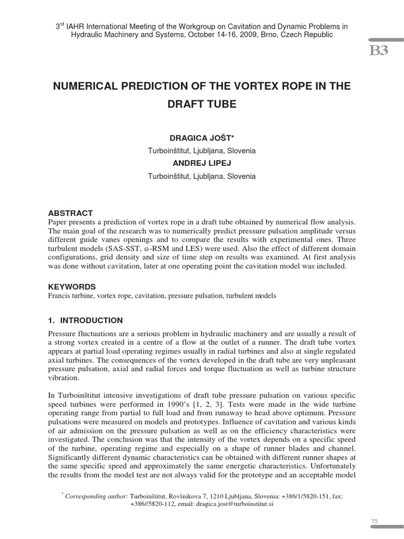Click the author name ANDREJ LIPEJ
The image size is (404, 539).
202,163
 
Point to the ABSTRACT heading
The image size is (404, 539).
70,213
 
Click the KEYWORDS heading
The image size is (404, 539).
72,287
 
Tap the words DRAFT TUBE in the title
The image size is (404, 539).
202,104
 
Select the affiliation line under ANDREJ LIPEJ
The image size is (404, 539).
202,176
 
